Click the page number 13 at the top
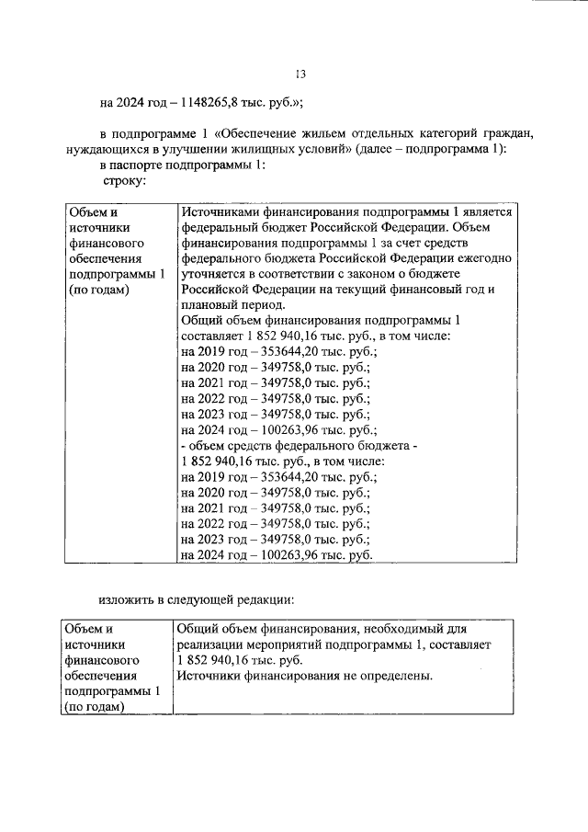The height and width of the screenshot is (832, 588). click(299, 75)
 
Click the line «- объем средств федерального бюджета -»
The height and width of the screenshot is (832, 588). click(299, 446)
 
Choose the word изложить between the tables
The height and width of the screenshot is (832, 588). click(127, 600)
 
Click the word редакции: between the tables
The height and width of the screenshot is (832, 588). click(262, 600)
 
